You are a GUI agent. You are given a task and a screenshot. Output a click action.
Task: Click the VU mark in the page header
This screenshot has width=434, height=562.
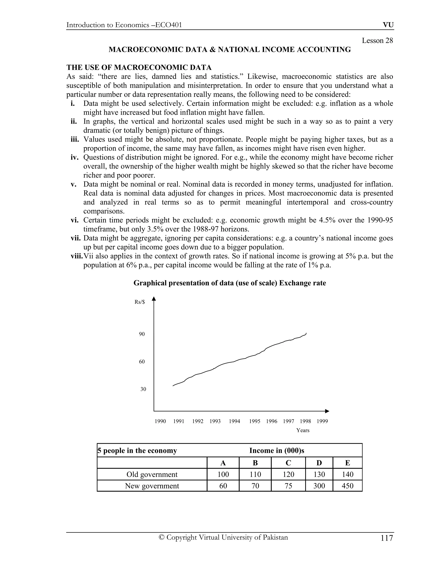[388, 25]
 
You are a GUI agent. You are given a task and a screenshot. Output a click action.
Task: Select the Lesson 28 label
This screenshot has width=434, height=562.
[377, 41]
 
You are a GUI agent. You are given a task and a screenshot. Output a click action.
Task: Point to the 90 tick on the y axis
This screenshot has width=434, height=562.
[142, 334]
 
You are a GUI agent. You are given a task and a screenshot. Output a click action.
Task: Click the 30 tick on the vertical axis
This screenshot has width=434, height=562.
[143, 389]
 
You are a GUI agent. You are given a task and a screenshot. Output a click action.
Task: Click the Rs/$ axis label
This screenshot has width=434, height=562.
[140, 302]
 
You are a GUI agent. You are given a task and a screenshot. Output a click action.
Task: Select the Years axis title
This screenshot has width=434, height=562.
[303, 431]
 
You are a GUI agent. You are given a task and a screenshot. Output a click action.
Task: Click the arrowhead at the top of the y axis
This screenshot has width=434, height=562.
[154, 299]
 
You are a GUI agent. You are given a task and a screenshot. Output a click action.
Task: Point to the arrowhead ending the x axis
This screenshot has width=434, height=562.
[327, 411]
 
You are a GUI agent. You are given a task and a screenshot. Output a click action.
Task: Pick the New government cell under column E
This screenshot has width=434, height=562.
[347, 486]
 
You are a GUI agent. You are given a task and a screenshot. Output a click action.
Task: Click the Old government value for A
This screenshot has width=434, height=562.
[223, 474]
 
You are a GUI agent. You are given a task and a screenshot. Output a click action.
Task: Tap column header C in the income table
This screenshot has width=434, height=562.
[288, 463]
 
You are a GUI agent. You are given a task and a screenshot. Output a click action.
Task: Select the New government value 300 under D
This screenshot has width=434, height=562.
[319, 486]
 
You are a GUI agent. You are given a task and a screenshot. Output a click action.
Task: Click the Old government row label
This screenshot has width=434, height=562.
[152, 474]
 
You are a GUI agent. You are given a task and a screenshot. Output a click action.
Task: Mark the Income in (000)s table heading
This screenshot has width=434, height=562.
[277, 451]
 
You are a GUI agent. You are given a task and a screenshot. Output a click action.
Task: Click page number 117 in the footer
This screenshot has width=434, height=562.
[387, 538]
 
